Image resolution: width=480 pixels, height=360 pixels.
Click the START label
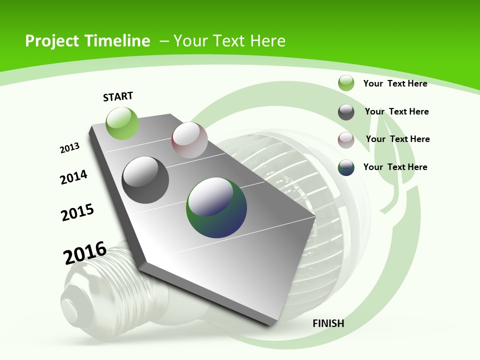coord(118,96)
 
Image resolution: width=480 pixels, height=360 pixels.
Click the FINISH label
coord(328,323)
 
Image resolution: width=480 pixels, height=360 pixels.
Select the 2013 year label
coord(69,147)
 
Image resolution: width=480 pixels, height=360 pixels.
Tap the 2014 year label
coord(73,177)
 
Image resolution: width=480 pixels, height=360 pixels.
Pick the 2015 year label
coord(77,212)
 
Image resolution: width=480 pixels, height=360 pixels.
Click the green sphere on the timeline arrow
coord(122,123)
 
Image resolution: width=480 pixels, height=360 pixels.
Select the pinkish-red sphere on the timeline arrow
coord(189,139)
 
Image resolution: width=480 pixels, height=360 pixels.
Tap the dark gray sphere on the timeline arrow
coord(145,180)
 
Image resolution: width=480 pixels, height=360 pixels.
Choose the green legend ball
coord(346,83)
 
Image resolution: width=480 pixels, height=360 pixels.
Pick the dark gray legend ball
coord(346,112)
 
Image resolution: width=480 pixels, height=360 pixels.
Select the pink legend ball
coord(346,140)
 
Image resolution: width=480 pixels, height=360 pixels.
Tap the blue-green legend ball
coord(346,167)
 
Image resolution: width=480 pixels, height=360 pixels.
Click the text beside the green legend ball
coord(395,83)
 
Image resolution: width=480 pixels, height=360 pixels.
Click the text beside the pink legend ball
coord(397,139)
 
